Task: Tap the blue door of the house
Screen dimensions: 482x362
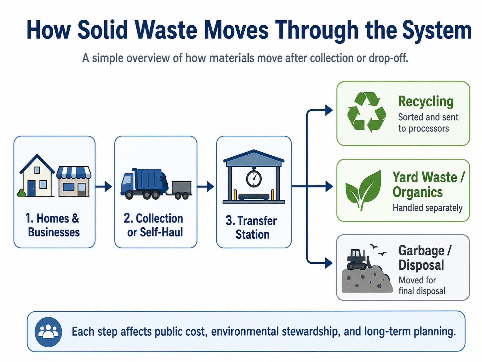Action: (x=31, y=188)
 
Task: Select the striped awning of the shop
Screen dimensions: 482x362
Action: (x=74, y=172)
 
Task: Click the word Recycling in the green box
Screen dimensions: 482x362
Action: (x=426, y=102)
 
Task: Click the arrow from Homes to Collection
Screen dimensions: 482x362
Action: (x=104, y=187)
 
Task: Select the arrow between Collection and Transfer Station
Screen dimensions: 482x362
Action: (x=205, y=187)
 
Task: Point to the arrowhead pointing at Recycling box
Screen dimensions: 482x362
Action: (x=329, y=110)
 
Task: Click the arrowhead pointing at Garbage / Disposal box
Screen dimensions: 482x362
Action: (x=329, y=263)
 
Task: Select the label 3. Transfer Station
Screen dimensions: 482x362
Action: (x=251, y=227)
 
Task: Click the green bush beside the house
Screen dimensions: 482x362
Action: (x=22, y=193)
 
